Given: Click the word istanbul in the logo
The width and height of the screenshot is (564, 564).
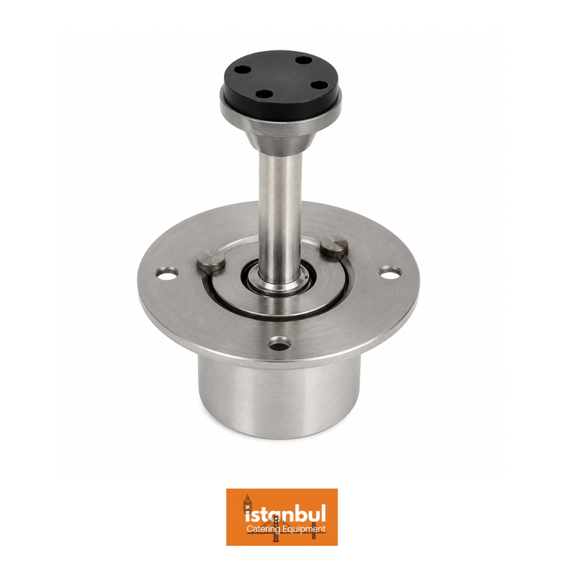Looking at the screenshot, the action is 285,515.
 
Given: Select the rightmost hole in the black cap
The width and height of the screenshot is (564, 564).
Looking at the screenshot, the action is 318,85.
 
